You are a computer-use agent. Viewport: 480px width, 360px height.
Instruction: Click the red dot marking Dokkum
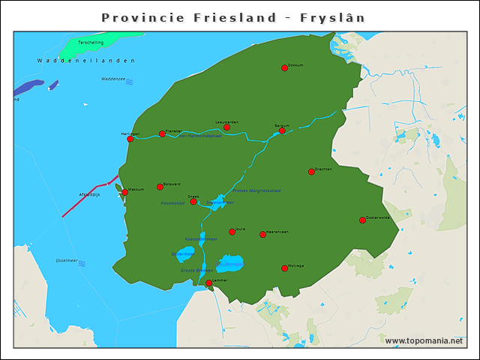[x=285, y=68]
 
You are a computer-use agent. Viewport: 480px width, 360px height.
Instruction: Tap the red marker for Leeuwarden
[x=227, y=127]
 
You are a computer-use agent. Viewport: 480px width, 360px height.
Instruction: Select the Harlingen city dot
[x=130, y=139]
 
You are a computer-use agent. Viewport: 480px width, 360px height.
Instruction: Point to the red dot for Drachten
[x=311, y=172]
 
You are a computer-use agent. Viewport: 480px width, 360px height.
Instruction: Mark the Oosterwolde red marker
[x=362, y=220]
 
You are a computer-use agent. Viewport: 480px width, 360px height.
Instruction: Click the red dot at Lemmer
[x=209, y=283]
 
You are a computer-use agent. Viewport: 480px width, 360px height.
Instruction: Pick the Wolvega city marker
[x=285, y=268]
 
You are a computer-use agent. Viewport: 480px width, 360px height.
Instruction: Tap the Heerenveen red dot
[x=262, y=235]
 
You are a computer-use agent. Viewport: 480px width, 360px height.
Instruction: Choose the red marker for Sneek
[x=193, y=202]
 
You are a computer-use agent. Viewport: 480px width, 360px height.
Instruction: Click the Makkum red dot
[x=125, y=192]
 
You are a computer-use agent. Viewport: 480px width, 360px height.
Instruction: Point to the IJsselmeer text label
[x=61, y=262]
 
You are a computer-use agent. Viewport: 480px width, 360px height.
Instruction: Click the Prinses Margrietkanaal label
[x=256, y=190]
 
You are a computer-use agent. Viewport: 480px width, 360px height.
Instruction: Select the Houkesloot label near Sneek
[x=172, y=203]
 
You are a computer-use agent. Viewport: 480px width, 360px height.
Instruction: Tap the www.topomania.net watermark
[x=424, y=340]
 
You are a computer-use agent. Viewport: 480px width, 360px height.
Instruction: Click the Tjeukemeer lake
[x=229, y=264]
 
